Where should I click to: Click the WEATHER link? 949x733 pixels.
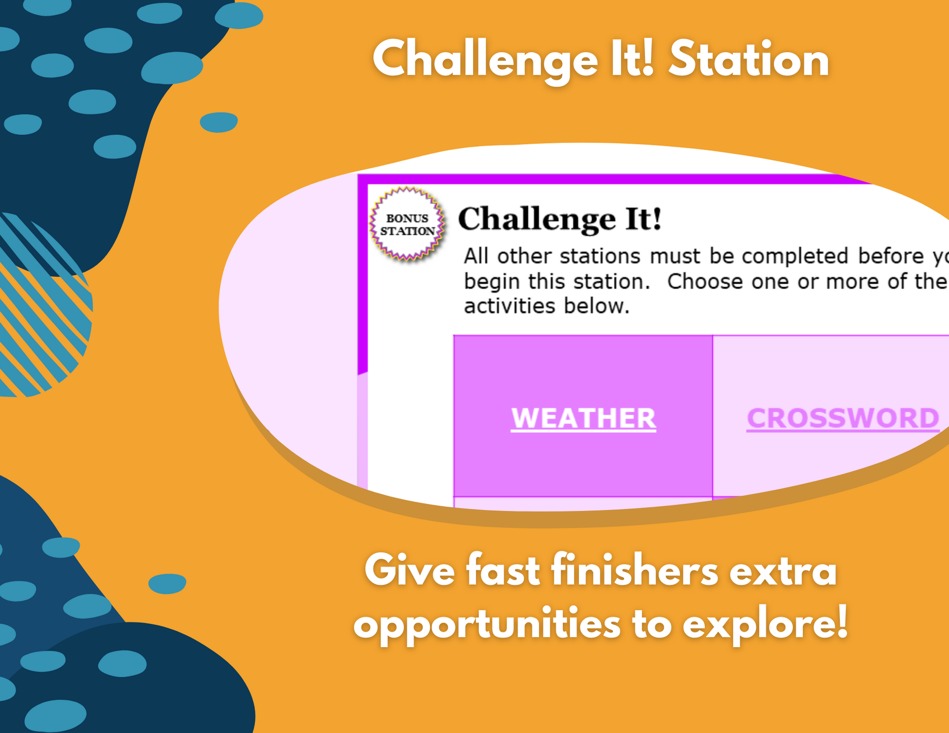point(583,418)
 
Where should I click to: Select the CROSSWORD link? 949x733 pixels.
point(843,418)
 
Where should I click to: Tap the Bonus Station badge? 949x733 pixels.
point(407,224)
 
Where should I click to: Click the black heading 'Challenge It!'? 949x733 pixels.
point(560,219)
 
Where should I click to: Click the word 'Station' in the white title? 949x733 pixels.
point(749,59)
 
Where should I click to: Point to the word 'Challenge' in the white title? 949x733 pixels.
point(485,61)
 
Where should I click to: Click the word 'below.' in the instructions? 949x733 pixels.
point(596,306)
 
